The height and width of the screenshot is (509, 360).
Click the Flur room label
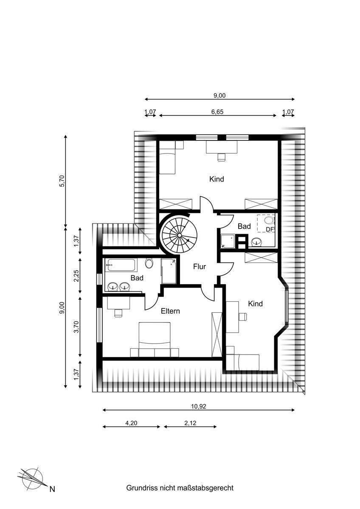click(199, 267)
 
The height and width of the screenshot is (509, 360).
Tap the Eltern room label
click(170, 311)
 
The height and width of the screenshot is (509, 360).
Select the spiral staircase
click(179, 234)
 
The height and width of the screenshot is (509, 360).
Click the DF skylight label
click(269, 229)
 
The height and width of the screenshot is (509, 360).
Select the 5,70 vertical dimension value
click(62, 181)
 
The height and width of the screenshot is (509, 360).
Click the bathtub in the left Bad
click(122, 265)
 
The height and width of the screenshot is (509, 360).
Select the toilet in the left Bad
click(149, 263)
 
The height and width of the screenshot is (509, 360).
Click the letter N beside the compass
click(52, 489)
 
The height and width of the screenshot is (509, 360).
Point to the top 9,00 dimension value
click(219, 95)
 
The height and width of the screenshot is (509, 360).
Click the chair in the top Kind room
click(220, 157)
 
